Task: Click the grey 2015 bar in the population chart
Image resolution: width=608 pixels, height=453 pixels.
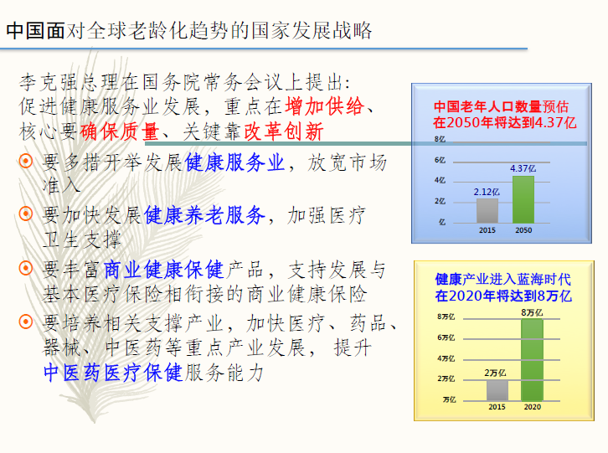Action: [x=487, y=211]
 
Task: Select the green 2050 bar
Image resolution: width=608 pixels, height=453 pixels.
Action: [x=523, y=199]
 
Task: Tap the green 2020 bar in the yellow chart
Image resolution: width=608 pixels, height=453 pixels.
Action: [x=532, y=360]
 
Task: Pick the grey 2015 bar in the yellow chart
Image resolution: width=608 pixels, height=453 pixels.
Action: [x=497, y=390]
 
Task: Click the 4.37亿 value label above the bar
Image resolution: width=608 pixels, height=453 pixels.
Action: [x=523, y=168]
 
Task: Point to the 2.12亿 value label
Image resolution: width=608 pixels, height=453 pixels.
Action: [x=487, y=192]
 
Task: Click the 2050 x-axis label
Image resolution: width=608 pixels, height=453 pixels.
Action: [x=523, y=230]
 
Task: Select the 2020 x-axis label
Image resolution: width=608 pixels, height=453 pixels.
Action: [x=533, y=407]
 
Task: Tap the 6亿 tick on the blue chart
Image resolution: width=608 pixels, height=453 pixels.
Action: [x=440, y=160]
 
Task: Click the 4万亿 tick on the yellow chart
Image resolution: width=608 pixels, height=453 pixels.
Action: [x=446, y=358]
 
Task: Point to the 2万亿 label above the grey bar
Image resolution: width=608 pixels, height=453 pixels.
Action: [x=495, y=373]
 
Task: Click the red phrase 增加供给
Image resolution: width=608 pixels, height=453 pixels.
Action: [x=325, y=106]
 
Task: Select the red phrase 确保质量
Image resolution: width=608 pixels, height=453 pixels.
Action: [x=120, y=131]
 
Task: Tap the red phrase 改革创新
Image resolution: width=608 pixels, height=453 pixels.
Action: [x=283, y=131]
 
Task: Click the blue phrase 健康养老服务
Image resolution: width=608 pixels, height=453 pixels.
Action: [x=204, y=215]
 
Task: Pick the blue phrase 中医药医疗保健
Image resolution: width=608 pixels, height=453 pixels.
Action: [x=113, y=373]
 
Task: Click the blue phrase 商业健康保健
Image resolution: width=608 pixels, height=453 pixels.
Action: [x=163, y=270]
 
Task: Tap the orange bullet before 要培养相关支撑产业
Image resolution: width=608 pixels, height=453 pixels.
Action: [x=26, y=322]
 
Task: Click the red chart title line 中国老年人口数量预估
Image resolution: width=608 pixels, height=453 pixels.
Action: [x=501, y=106]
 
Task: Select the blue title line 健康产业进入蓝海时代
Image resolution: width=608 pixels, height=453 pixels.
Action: [x=503, y=279]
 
